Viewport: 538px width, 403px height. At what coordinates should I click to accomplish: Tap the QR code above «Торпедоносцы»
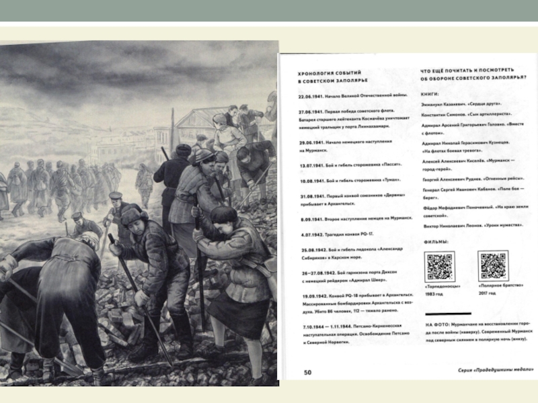point(440,267)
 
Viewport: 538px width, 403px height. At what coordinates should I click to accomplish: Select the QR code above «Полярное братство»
point(494,267)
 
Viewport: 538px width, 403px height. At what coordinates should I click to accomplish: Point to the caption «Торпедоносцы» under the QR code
point(440,288)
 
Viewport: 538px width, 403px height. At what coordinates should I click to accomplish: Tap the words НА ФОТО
point(435,324)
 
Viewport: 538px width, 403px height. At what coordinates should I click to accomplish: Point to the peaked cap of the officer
point(116,196)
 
